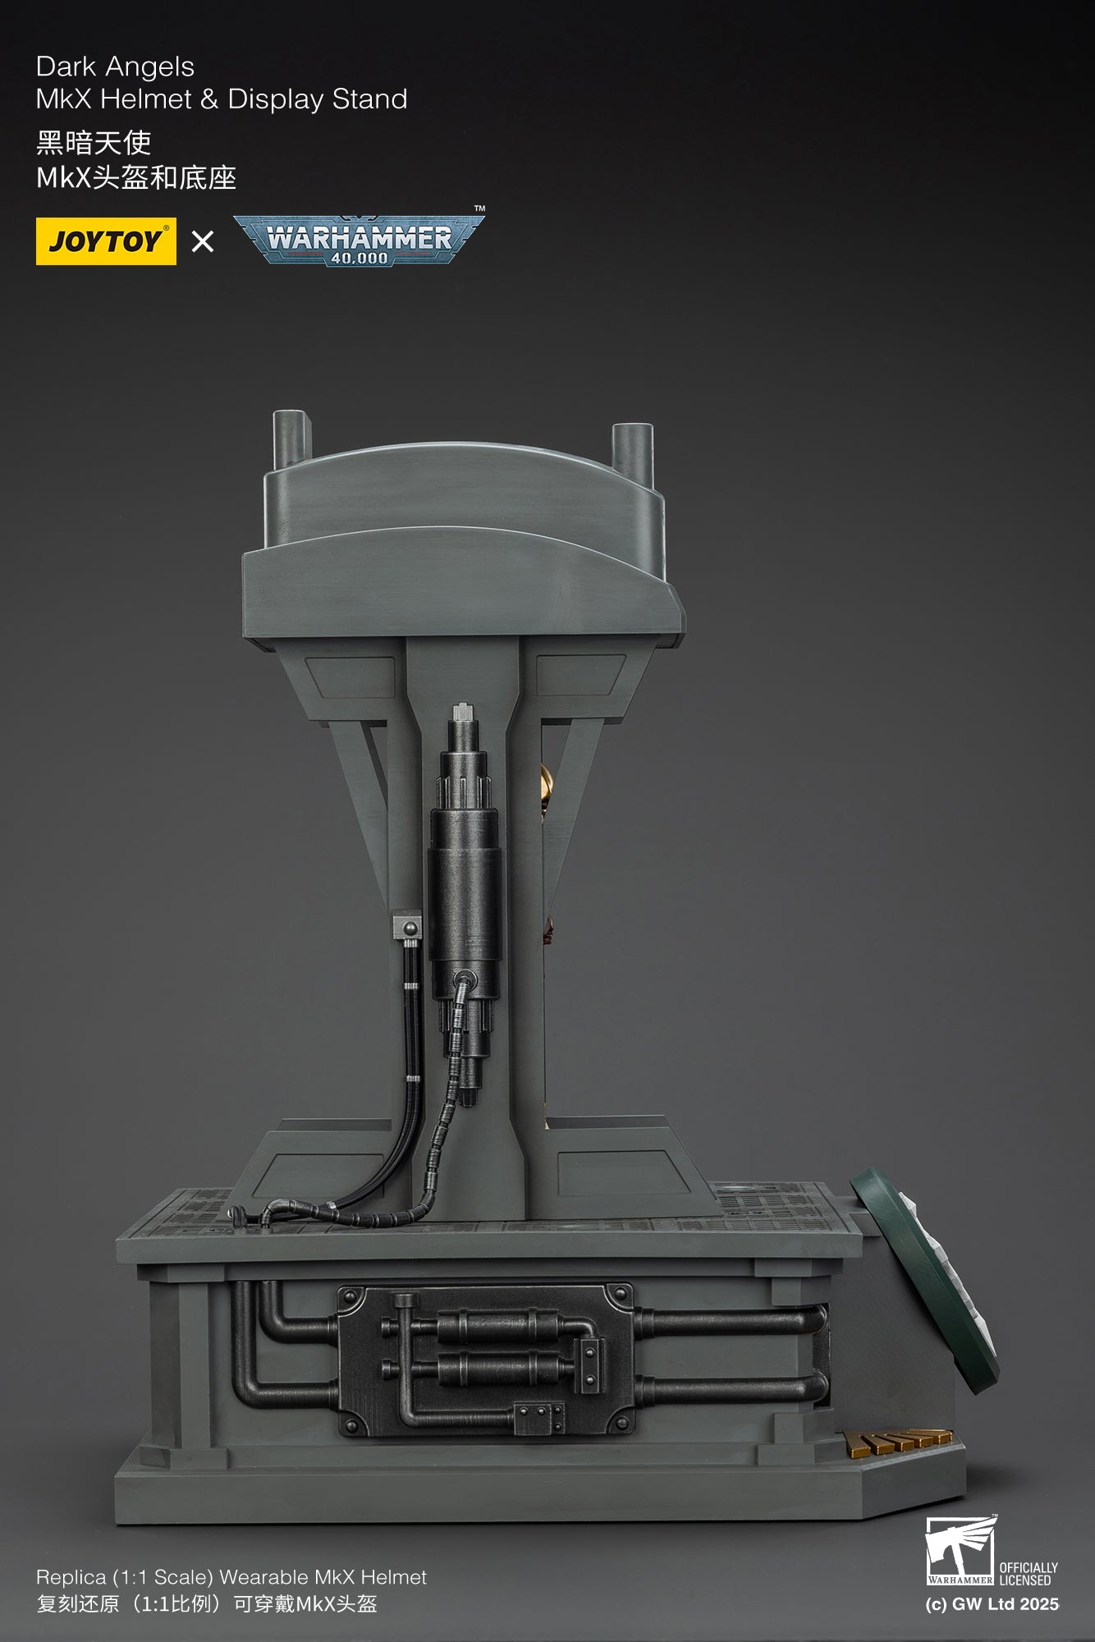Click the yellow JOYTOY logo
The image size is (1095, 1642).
coord(106,241)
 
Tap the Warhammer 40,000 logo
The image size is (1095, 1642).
coord(359,240)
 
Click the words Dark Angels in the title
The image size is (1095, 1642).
coord(115,67)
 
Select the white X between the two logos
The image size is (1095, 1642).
coord(202,241)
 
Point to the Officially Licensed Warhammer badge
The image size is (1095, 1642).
coord(992,1552)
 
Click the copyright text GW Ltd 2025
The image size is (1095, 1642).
coord(992,1604)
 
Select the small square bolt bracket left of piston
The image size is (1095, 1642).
coord(407,928)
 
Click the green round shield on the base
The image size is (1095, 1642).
coord(923,1281)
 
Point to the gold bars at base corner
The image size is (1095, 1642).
coord(898,1441)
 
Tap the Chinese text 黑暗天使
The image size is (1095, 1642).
coord(94,143)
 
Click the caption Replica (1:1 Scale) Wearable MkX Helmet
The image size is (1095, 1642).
coord(231,1577)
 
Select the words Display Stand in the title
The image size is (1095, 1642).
coord(317,99)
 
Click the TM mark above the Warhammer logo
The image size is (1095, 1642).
coord(480,209)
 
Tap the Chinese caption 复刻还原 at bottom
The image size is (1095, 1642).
coord(78,1604)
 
